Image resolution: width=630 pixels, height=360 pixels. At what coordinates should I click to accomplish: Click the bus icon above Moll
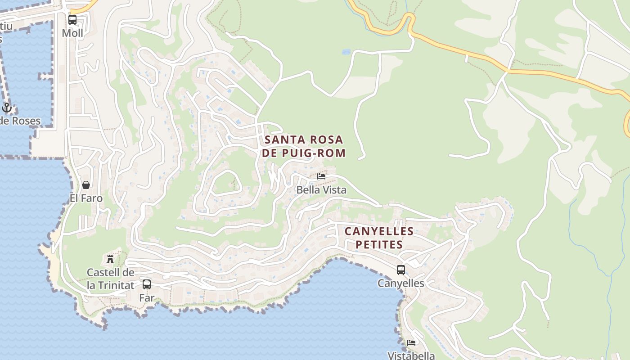coord(72,20)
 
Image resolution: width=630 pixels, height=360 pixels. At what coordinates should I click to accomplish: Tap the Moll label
coord(72,33)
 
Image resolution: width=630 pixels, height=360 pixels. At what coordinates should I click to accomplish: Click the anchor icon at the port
coord(6,108)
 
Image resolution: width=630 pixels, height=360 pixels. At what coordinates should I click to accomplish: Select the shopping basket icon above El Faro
coord(86,185)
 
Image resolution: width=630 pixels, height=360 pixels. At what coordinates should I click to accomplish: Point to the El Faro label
coord(86,198)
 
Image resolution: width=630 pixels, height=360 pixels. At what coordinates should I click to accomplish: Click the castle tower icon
coord(110,259)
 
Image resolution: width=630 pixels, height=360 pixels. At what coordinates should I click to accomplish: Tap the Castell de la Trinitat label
coord(110,279)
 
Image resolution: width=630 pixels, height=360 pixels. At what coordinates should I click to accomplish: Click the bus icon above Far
coord(147,284)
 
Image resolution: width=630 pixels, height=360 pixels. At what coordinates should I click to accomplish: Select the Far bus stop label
coord(147,298)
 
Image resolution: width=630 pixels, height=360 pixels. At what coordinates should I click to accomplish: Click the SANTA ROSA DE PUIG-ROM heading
coord(304,146)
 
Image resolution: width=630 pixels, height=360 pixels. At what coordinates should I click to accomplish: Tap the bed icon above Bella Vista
coord(321,176)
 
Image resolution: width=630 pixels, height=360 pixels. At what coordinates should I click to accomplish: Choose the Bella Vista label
coord(321,190)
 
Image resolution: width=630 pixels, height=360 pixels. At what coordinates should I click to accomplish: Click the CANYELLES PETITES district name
coord(379,238)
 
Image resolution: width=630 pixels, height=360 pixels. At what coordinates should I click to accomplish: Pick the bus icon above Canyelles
coord(400,270)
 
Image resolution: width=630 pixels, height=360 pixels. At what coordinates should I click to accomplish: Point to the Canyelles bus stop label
coord(400,283)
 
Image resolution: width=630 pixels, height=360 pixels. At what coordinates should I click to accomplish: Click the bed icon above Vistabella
coord(411,343)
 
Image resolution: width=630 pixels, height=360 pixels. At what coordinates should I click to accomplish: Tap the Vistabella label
coord(411,355)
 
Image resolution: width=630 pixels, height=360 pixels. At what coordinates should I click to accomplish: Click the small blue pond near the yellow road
coord(346,52)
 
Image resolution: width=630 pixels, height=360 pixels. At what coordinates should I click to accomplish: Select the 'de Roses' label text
coord(20,121)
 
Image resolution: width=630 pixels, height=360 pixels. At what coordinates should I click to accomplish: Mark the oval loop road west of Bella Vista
coord(225,183)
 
